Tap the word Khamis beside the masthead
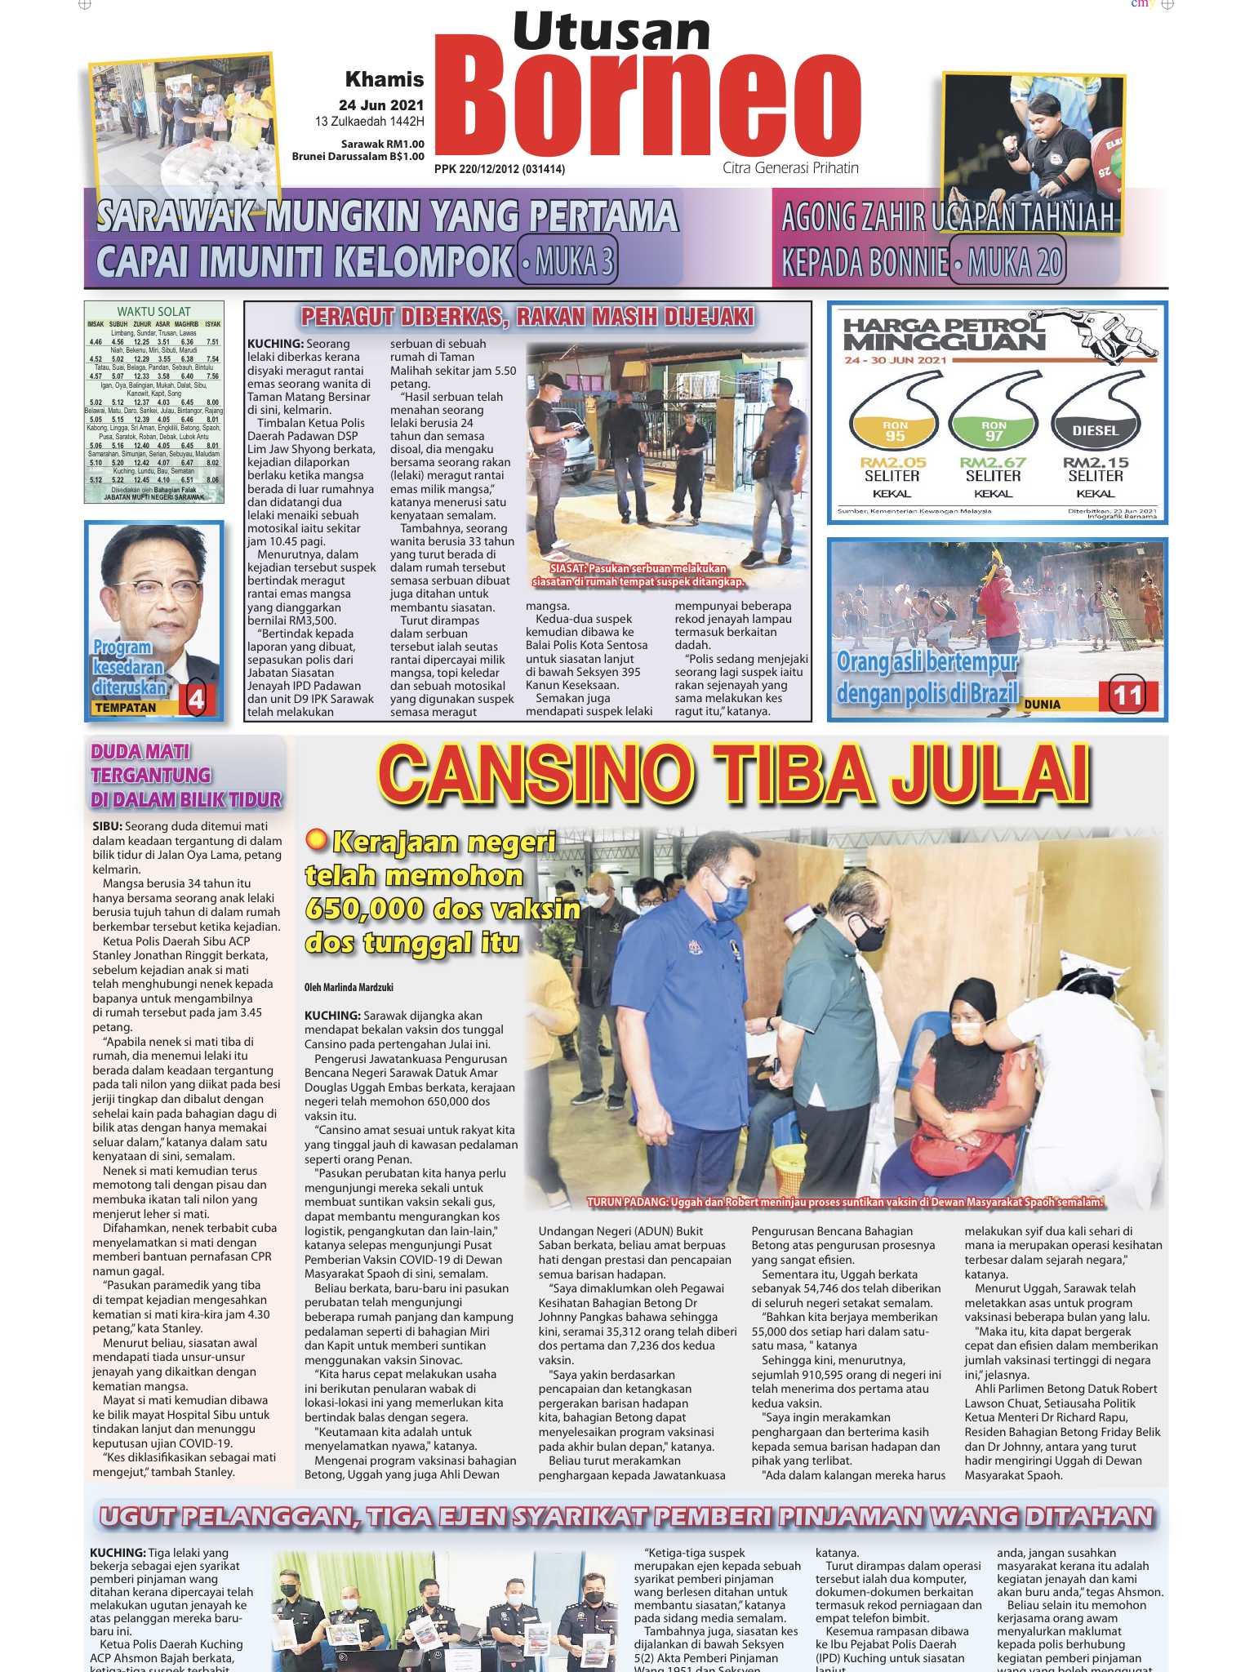385,79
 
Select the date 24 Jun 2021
381,105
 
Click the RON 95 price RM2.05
893,462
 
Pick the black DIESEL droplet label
1095,430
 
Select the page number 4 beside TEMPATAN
197,700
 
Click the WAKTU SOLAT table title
153,311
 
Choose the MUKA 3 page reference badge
567,262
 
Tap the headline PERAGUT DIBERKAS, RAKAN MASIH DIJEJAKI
527,317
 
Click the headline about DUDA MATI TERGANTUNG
186,775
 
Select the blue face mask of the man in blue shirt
730,900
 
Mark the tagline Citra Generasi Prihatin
790,168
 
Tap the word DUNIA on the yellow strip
1042,704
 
